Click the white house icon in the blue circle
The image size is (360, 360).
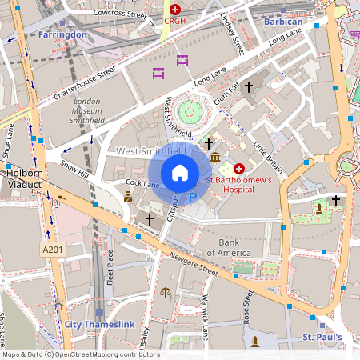pyautogui.click(x=180, y=173)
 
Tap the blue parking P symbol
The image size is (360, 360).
pyautogui.click(x=193, y=198)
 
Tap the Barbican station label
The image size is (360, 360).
pyautogui.click(x=283, y=22)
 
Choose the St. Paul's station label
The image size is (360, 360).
pyautogui.click(x=322, y=337)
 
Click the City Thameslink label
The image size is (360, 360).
pyautogui.click(x=96, y=324)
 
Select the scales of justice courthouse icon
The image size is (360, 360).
pyautogui.click(x=166, y=294)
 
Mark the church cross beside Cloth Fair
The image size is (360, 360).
pyautogui.click(x=249, y=86)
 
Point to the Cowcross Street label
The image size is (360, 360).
pyautogui.click(x=119, y=14)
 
